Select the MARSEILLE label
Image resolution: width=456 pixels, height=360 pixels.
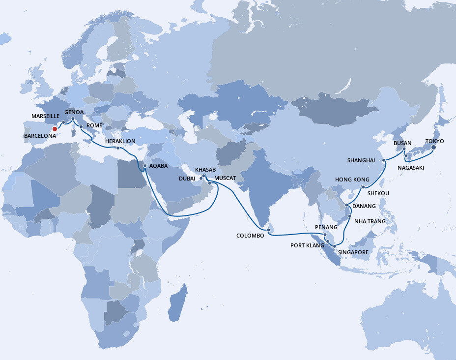(x=46, y=116)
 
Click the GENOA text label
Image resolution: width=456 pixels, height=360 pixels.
(x=73, y=112)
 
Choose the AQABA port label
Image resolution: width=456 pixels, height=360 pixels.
(x=159, y=166)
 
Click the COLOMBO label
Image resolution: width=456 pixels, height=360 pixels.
(x=250, y=236)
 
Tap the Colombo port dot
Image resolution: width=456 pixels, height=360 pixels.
(x=267, y=229)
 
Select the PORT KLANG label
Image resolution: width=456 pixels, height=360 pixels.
(x=308, y=245)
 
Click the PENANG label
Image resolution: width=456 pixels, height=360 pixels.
(x=326, y=227)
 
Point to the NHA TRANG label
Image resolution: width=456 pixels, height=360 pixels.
(x=370, y=221)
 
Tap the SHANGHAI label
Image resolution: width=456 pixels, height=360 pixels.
(x=361, y=160)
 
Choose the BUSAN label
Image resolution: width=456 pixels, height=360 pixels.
(x=402, y=143)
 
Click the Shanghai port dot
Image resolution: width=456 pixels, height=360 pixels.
(x=383, y=160)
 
